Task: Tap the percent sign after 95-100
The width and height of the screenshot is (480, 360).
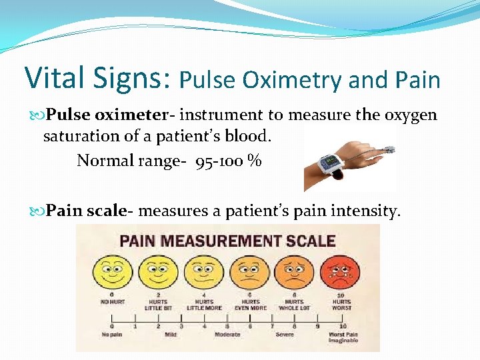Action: [x=253, y=161]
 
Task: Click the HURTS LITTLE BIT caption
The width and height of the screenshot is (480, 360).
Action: [x=157, y=305]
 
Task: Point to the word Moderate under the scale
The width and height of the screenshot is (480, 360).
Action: [x=227, y=334]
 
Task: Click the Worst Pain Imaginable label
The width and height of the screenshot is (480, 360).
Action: [x=343, y=337]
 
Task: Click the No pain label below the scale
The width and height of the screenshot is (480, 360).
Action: [x=111, y=334]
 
